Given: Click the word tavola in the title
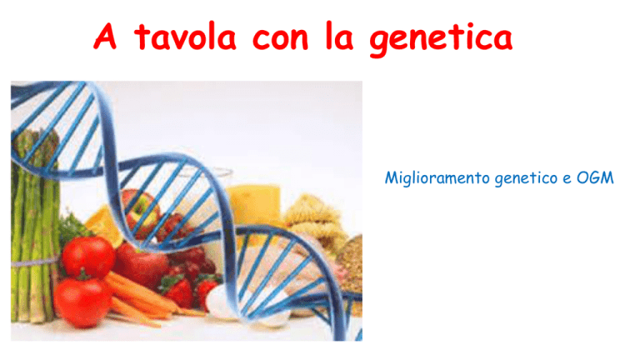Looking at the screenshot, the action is coord(185,37).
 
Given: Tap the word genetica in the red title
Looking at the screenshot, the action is coord(441,39).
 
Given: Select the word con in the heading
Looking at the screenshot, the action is coord(280,40).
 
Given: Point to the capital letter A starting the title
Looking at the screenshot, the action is coord(105,36).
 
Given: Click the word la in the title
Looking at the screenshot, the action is coord(339,37).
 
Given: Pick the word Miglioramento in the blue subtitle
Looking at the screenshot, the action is coord(437,178).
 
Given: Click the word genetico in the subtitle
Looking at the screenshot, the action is coord(526,179).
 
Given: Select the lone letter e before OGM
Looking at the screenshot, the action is coord(567,179).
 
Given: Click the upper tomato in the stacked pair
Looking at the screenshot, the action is coord(88,257).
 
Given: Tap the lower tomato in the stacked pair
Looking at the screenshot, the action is coord(82,302).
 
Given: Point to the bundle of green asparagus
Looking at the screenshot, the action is coord(34,224).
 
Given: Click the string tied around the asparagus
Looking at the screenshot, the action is coord(34,262).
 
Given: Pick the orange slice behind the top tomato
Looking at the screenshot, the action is coord(104,224).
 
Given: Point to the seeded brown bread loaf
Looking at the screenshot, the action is coord(350,265).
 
